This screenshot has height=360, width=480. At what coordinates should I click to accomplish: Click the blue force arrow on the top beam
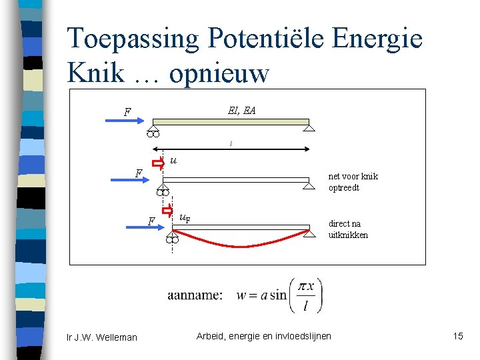121,121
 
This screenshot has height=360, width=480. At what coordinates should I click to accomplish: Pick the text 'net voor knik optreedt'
353,182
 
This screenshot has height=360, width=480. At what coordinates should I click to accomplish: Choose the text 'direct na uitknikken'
348,229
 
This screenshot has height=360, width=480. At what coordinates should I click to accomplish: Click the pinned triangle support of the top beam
309,128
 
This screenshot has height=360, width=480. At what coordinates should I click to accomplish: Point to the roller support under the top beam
153,133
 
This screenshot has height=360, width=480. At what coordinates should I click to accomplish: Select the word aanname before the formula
195,295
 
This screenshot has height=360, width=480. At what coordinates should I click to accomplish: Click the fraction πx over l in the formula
305,295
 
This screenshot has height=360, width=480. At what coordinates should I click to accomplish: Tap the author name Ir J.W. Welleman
102,337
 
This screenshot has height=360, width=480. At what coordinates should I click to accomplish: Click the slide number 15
457,336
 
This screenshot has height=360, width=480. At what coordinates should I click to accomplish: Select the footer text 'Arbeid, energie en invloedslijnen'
263,336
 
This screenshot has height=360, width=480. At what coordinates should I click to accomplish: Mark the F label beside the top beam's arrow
127,112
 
